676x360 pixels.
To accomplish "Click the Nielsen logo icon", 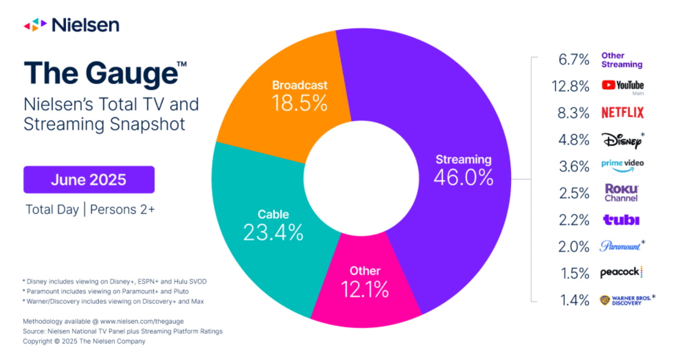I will [35, 25].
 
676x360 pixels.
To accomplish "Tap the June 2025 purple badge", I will [88, 180].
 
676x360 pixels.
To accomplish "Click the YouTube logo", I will [622, 85].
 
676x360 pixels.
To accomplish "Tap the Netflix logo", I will [622, 113].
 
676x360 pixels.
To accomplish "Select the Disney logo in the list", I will [621, 140].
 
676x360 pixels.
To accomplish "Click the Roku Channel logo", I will [621, 192].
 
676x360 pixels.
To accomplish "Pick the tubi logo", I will [621, 220].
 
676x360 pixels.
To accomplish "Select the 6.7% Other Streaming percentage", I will [575, 59].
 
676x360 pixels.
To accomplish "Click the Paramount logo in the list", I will [620, 246].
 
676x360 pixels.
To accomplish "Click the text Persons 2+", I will [122, 209].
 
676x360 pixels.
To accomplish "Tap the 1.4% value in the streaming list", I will [575, 300].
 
